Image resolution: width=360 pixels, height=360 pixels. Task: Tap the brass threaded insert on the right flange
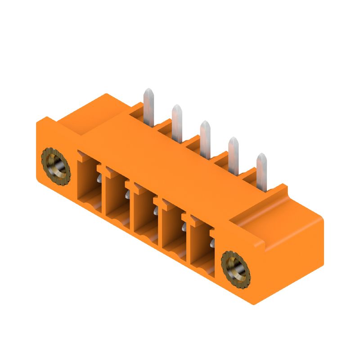point(235,271)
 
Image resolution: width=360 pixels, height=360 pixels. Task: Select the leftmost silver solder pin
point(148,108)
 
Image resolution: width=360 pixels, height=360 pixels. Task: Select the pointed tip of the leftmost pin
point(148,92)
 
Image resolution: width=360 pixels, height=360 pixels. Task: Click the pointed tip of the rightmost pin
point(261,156)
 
